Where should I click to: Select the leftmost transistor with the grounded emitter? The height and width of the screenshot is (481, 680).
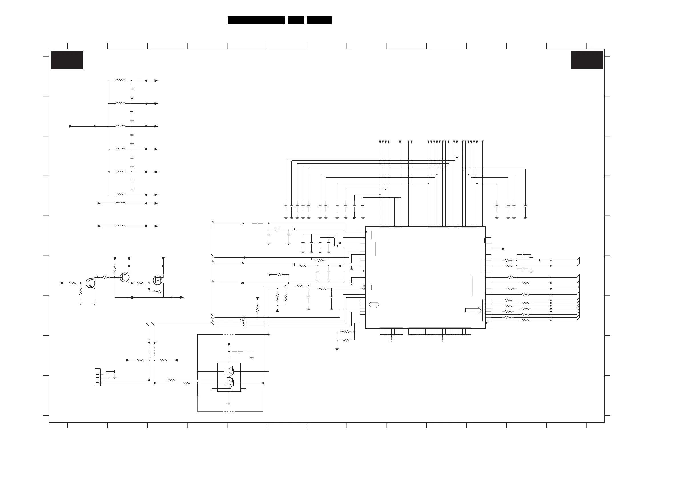(90, 283)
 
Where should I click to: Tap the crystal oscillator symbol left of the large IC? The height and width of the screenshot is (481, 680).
(277, 229)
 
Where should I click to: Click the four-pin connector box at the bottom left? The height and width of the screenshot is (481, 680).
(98, 377)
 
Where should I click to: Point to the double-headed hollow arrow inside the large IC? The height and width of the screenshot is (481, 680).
(374, 304)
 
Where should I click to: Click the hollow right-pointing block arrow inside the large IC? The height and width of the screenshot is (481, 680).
(473, 310)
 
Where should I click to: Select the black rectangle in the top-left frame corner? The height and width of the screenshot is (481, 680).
(66, 60)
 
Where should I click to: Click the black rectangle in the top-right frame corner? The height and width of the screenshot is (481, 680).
(587, 60)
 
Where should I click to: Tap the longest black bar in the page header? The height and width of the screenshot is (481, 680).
(256, 20)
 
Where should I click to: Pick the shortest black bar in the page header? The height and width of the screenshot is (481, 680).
(296, 20)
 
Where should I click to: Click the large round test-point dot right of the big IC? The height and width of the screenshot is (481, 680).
(503, 249)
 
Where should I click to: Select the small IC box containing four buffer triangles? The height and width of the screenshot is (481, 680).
(229, 377)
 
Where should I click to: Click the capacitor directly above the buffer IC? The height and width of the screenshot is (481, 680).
(238, 352)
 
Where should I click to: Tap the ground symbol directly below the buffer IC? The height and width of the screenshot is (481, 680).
(229, 403)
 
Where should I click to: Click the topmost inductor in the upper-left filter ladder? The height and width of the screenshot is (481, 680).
(120, 80)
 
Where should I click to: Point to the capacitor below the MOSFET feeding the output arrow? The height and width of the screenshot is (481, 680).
(132, 297)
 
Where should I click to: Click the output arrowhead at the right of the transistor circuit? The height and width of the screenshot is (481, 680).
(182, 297)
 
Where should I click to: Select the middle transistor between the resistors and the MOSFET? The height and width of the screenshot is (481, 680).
(125, 277)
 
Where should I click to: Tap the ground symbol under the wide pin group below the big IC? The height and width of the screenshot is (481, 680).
(442, 341)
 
